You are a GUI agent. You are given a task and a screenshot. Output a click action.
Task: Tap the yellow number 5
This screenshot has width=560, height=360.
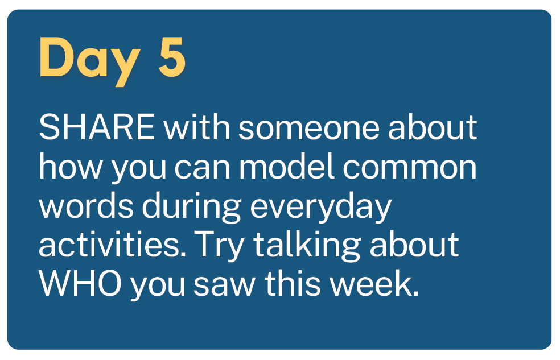pyautogui.click(x=172, y=56)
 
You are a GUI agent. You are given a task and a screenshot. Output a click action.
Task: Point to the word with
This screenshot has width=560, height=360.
pyautogui.click(x=197, y=127)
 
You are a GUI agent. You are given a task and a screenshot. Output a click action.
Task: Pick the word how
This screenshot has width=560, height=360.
pyautogui.click(x=71, y=166)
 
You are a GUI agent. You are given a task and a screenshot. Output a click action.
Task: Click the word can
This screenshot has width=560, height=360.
pyautogui.click(x=202, y=169)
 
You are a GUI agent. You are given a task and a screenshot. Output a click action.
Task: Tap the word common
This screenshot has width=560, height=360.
pyautogui.click(x=410, y=169)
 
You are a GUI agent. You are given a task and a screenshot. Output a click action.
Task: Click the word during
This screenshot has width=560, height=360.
pyautogui.click(x=192, y=208)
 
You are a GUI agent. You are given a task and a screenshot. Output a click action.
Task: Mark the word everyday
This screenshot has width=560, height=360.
pyautogui.click(x=321, y=208)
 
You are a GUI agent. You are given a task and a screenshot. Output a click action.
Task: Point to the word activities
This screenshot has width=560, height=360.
pyautogui.click(x=113, y=245)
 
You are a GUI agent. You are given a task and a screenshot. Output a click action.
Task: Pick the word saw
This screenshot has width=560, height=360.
pyautogui.click(x=225, y=287)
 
